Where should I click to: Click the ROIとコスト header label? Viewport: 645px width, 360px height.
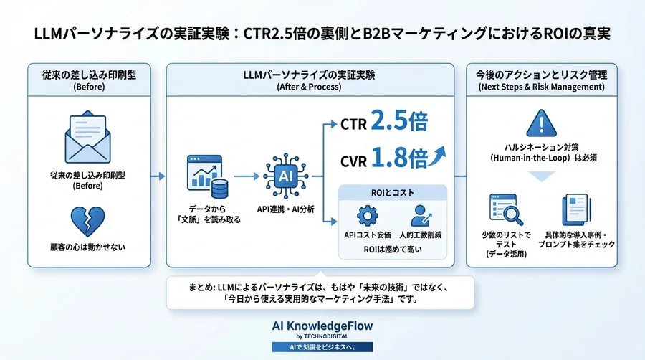(x=392, y=192)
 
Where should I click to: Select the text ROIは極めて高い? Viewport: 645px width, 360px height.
(x=392, y=250)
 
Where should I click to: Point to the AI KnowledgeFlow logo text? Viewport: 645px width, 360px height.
(x=322, y=326)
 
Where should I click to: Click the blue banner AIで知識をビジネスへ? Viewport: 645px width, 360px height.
(x=322, y=346)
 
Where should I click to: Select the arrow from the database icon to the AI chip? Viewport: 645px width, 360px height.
(x=246, y=175)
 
